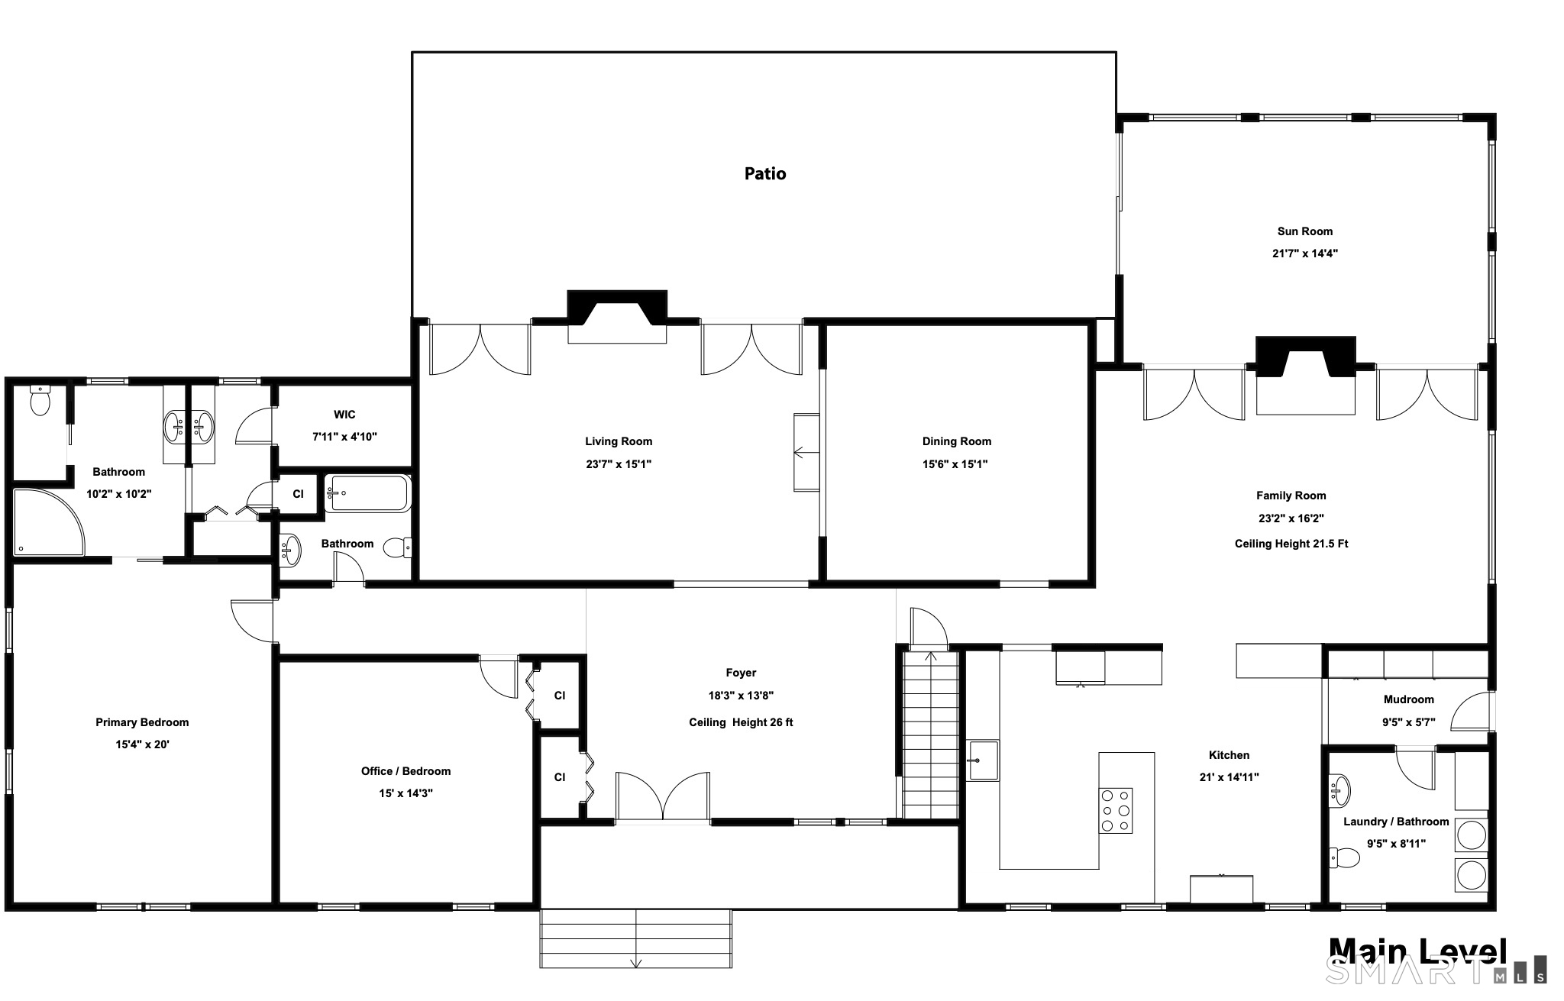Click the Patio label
765,174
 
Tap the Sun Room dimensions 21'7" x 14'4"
1304,253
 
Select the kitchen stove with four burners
1116,810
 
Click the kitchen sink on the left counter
984,760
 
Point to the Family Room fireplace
1306,375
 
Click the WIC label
344,415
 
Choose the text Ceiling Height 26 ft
741,722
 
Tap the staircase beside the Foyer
930,735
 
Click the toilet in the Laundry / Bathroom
1345,858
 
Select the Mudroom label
1408,699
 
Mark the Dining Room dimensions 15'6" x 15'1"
956,464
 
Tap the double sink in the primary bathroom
189,426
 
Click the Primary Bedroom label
142,722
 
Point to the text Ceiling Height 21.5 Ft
1291,544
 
